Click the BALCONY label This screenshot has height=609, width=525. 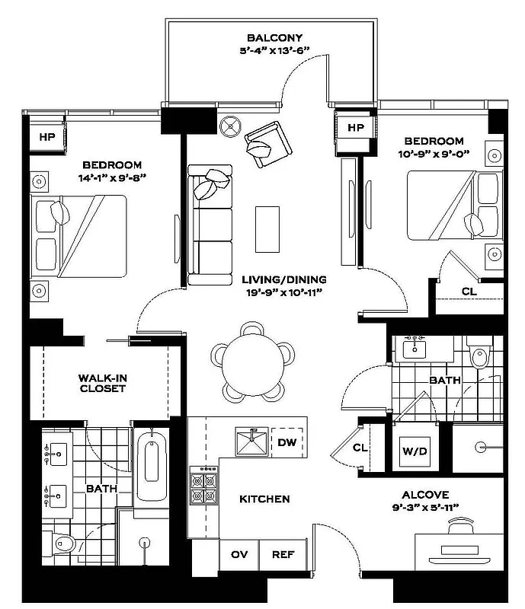click(274, 38)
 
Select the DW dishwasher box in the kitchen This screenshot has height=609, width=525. click(287, 442)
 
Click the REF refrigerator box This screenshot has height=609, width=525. click(283, 555)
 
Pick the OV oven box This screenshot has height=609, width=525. click(238, 555)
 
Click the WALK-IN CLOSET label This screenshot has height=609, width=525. click(102, 383)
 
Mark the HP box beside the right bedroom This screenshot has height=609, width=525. click(356, 128)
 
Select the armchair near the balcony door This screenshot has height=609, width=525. click(266, 142)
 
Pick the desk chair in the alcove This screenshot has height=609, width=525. click(460, 525)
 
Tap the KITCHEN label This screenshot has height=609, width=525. click(264, 499)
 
